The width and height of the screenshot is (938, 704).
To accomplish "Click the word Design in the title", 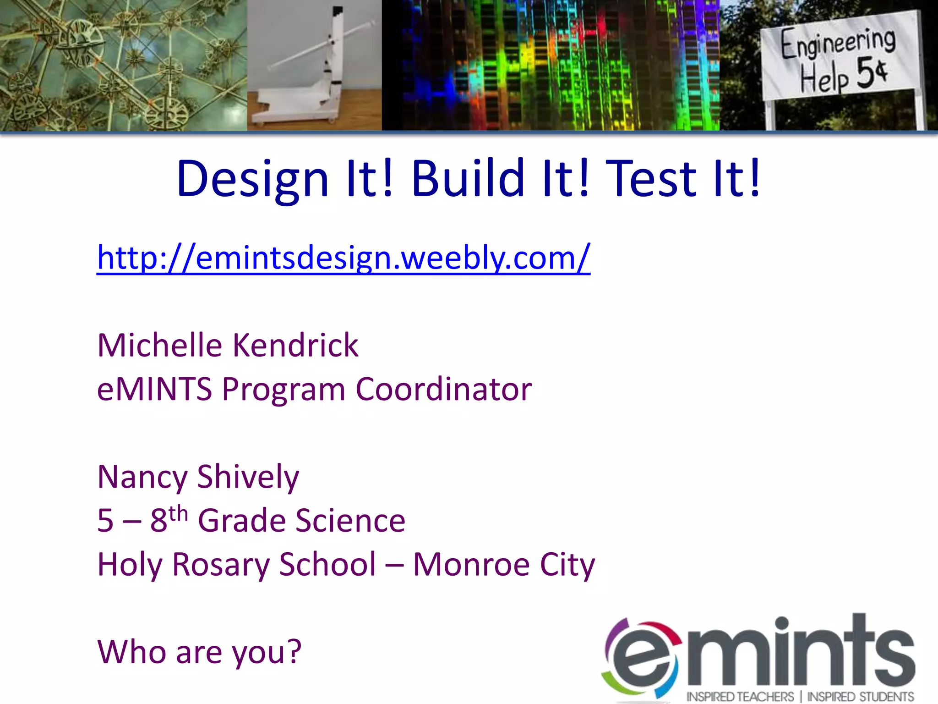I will (x=253, y=180).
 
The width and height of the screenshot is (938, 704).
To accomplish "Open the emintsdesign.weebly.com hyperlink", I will (x=344, y=258).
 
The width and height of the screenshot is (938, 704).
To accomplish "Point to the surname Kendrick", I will (x=296, y=345).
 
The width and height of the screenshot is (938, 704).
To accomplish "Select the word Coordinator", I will (x=443, y=390).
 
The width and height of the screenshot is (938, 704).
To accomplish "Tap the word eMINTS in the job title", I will (x=154, y=390).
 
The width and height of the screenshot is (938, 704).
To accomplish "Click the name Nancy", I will (x=142, y=478).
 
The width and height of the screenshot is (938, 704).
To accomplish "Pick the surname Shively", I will (x=248, y=478).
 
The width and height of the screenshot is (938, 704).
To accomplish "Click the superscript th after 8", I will (x=178, y=513).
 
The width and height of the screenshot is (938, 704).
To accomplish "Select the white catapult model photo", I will (x=314, y=65).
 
